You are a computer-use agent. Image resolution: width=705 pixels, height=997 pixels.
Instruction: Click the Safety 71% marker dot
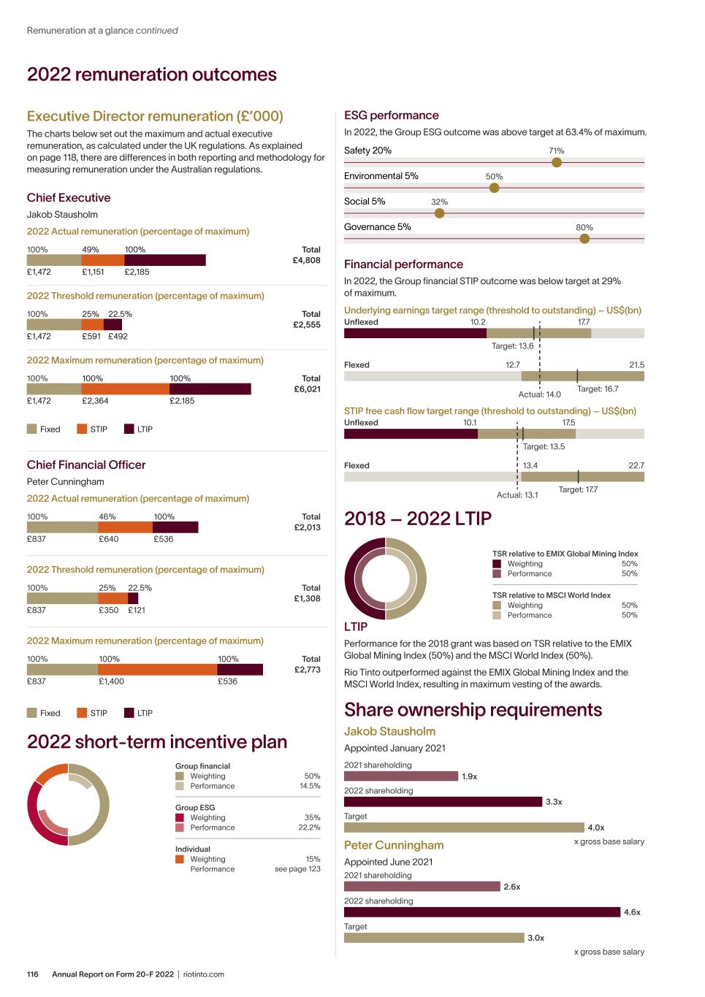[x=557, y=162]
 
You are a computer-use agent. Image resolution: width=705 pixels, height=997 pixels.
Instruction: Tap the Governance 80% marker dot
[x=584, y=239]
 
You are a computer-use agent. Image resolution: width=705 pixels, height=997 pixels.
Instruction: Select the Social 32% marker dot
[x=439, y=213]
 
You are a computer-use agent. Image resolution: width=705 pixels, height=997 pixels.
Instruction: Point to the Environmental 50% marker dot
[x=495, y=188]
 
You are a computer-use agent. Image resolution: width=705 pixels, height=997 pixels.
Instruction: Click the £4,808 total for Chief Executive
[x=306, y=261]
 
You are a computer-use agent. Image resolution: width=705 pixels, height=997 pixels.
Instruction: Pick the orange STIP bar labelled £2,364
[x=125, y=389]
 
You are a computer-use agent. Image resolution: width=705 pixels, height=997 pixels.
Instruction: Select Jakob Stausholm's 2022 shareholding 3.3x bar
[x=443, y=802]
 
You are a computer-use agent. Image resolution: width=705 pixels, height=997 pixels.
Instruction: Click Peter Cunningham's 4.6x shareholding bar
[x=481, y=912]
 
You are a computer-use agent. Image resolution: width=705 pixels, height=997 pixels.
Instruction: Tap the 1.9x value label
[x=469, y=776]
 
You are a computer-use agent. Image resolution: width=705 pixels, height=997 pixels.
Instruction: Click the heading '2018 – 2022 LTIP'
[x=418, y=519]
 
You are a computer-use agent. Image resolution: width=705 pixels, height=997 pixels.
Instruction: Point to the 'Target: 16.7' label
[x=598, y=389]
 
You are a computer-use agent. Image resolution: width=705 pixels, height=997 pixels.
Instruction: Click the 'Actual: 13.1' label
[x=517, y=495]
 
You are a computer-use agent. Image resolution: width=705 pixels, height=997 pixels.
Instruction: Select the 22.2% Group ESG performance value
[x=309, y=828]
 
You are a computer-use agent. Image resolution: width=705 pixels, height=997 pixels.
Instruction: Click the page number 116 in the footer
[x=33, y=974]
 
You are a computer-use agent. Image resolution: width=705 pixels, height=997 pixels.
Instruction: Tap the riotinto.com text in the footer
[x=204, y=974]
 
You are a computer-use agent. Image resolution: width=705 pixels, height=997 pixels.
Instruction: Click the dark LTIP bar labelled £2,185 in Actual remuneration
[x=165, y=261]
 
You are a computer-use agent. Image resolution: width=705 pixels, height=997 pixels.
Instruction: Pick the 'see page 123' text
[x=297, y=869]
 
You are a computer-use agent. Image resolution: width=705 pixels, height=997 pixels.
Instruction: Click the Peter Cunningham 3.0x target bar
[x=434, y=938]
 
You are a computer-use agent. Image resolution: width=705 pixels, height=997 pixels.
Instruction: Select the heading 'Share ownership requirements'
[x=473, y=710]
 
